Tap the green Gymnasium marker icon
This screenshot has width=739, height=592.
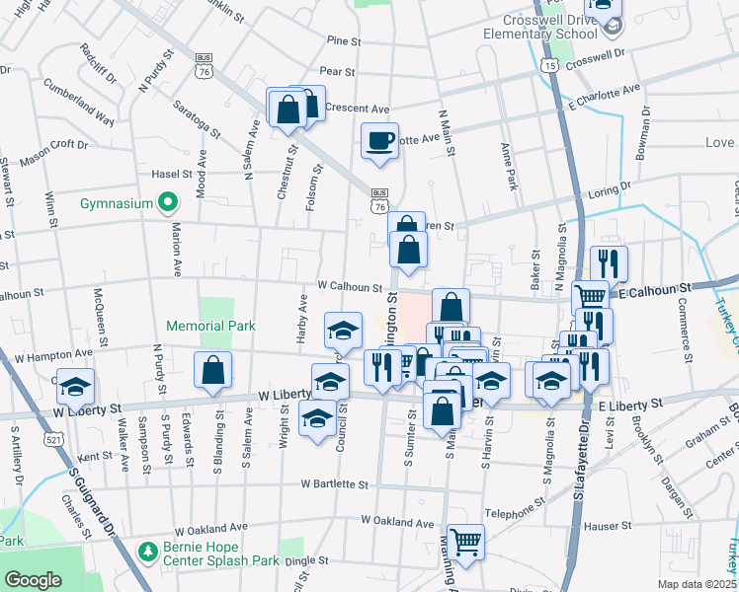click(168, 203)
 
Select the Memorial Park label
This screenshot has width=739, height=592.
click(210, 326)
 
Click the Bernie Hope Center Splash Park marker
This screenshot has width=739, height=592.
click(147, 550)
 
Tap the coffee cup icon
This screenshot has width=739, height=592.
click(379, 140)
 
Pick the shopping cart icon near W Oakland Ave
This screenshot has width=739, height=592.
click(465, 541)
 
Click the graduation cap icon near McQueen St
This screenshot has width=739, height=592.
click(75, 386)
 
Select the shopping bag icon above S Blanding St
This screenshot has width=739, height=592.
click(212, 371)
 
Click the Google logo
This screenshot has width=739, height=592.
click(34, 580)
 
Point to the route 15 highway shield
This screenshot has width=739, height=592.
click(550, 64)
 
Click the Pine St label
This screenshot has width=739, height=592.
click(346, 40)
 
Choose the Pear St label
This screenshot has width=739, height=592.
click(337, 71)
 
